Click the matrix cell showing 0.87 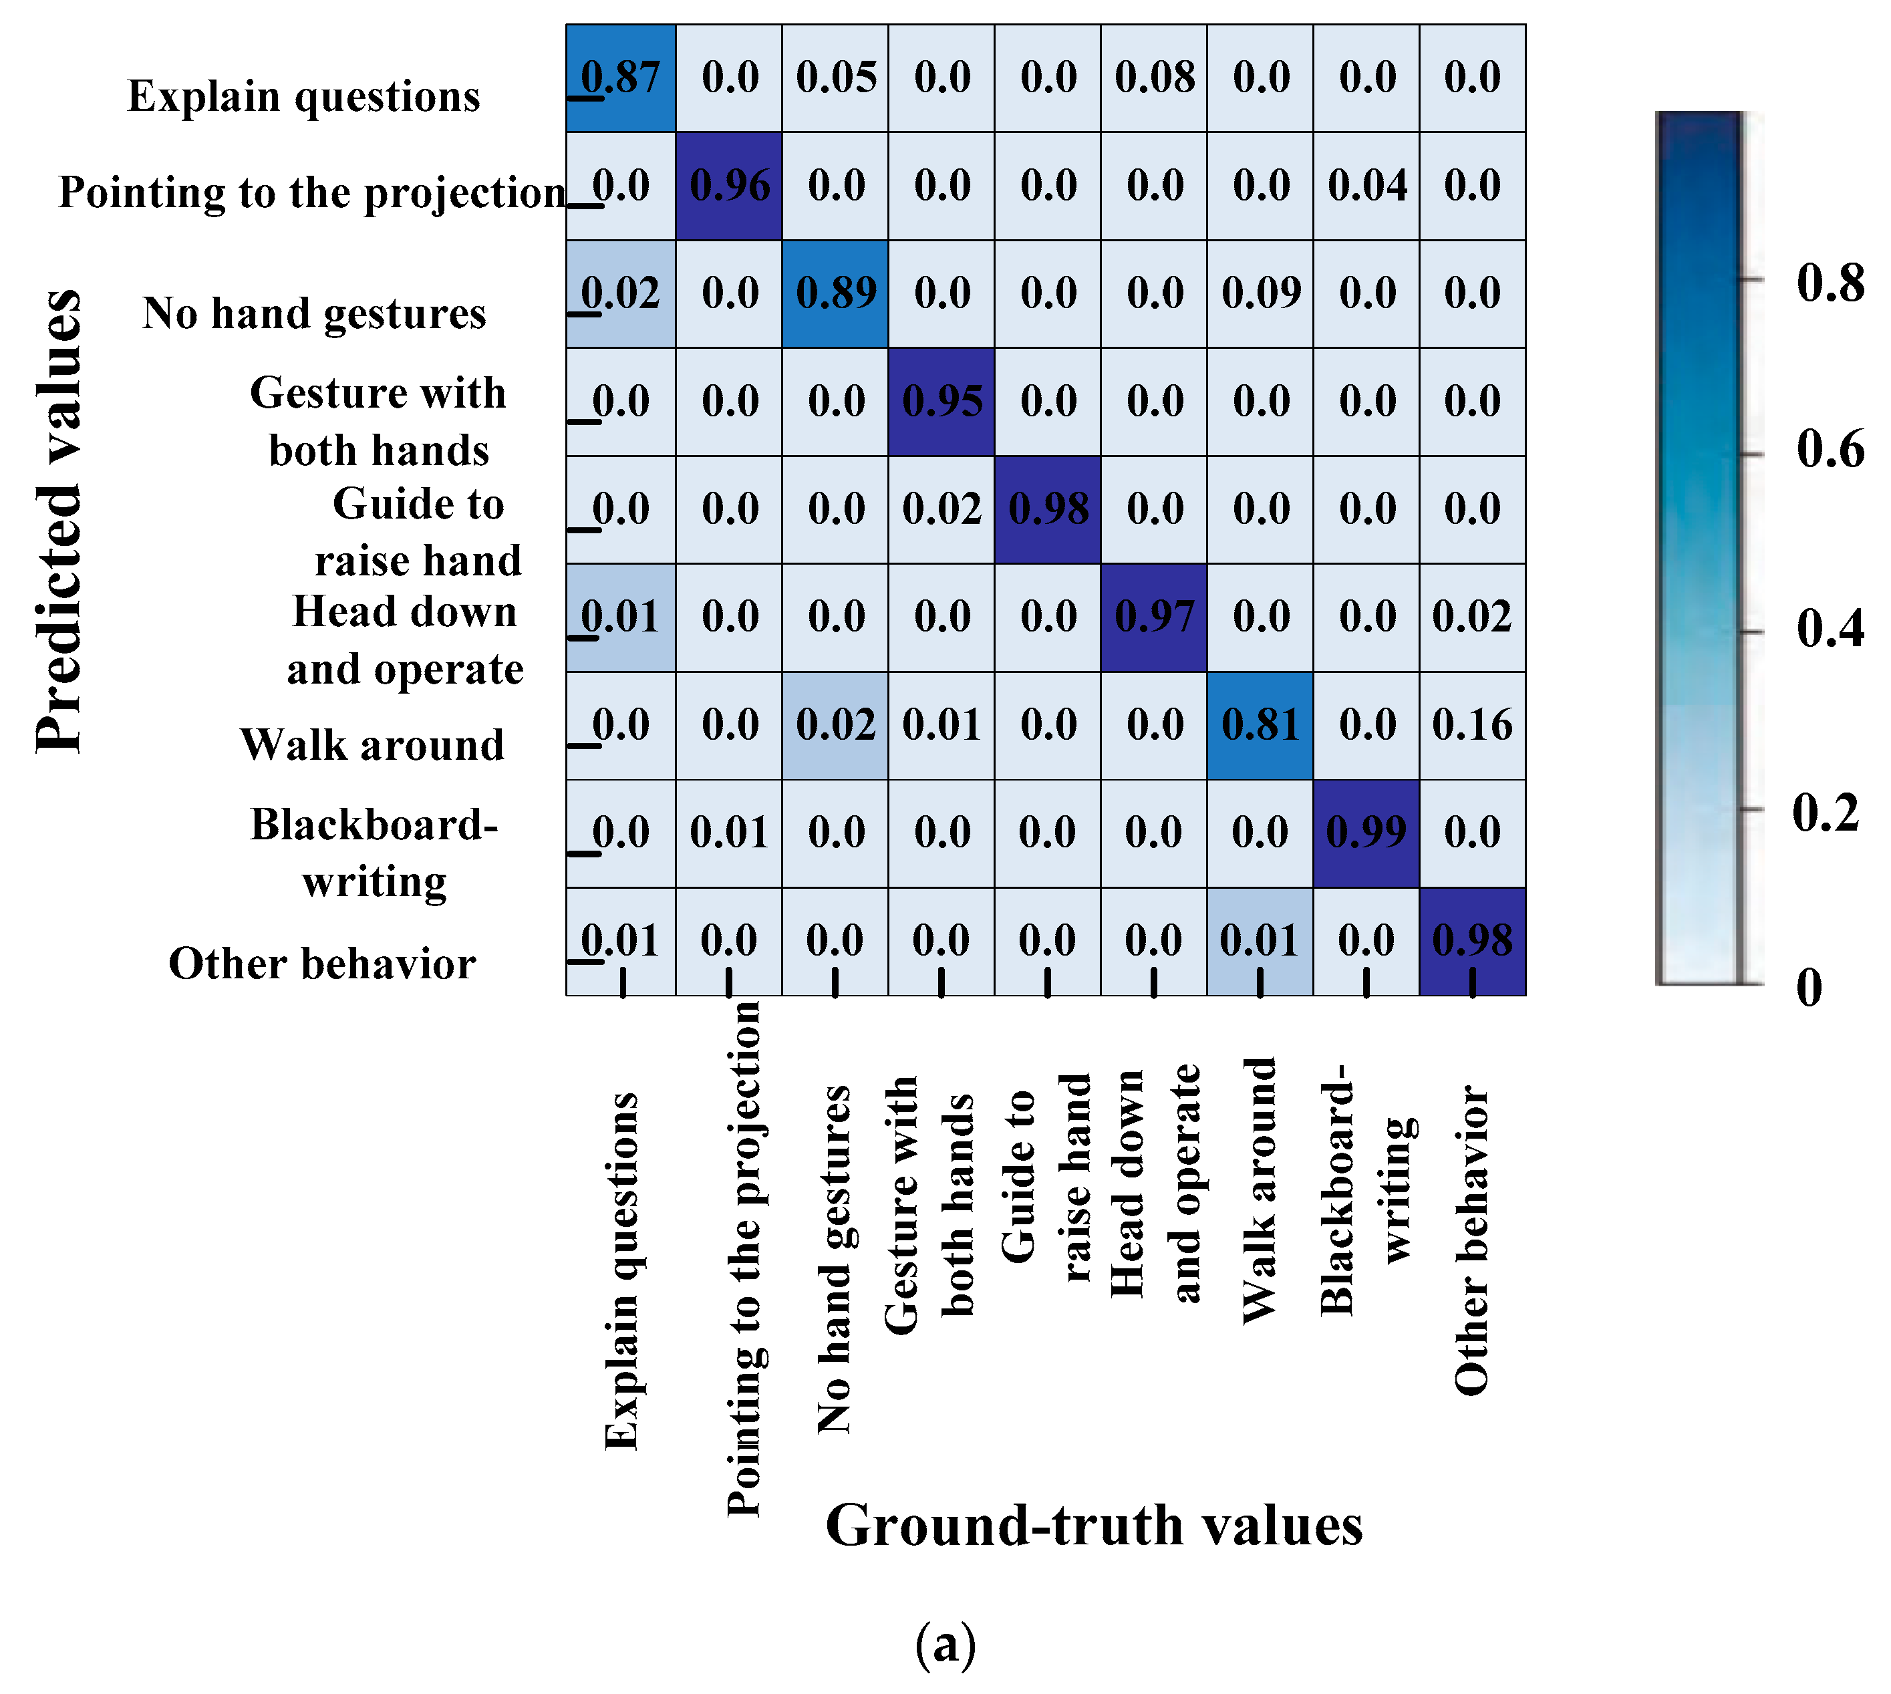click(621, 78)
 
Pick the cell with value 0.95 click(941, 401)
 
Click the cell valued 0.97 click(1154, 617)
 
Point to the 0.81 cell click(1260, 725)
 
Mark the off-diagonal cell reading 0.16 click(1472, 725)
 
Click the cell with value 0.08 click(1154, 78)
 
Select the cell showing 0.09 click(1260, 293)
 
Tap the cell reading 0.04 click(1366, 185)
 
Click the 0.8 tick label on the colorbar click(1830, 282)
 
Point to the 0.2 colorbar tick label click(1826, 813)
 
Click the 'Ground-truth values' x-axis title click(1095, 1526)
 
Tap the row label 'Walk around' click(372, 744)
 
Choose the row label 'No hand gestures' click(315, 313)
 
